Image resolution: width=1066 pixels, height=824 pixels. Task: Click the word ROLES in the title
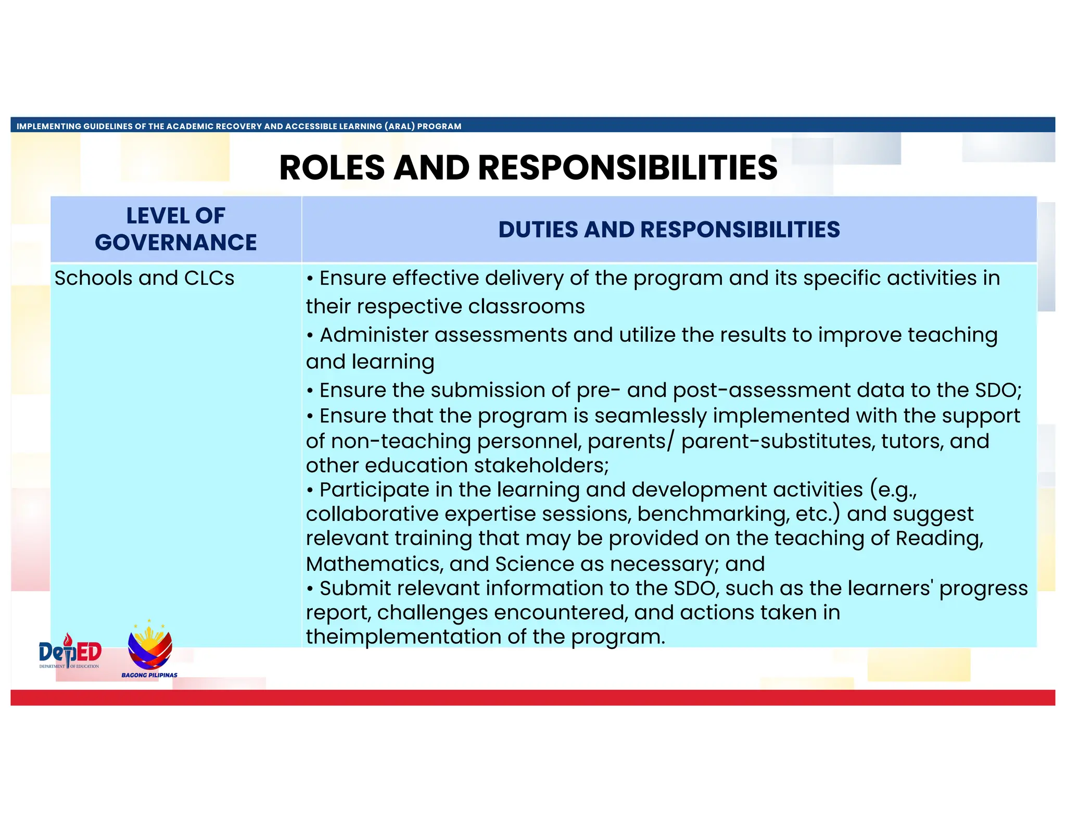(x=332, y=168)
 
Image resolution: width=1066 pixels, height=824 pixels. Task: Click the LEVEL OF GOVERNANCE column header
(x=176, y=229)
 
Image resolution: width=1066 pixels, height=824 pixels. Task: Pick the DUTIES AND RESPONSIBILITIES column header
(x=669, y=230)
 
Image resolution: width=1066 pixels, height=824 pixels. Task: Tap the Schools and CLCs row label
(x=144, y=278)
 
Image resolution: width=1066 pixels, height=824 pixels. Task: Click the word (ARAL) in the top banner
(x=399, y=126)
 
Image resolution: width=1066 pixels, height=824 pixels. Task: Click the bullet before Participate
(x=310, y=491)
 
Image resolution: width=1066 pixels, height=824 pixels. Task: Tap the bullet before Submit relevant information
(x=310, y=589)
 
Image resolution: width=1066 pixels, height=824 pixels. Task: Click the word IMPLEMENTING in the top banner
(x=49, y=126)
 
